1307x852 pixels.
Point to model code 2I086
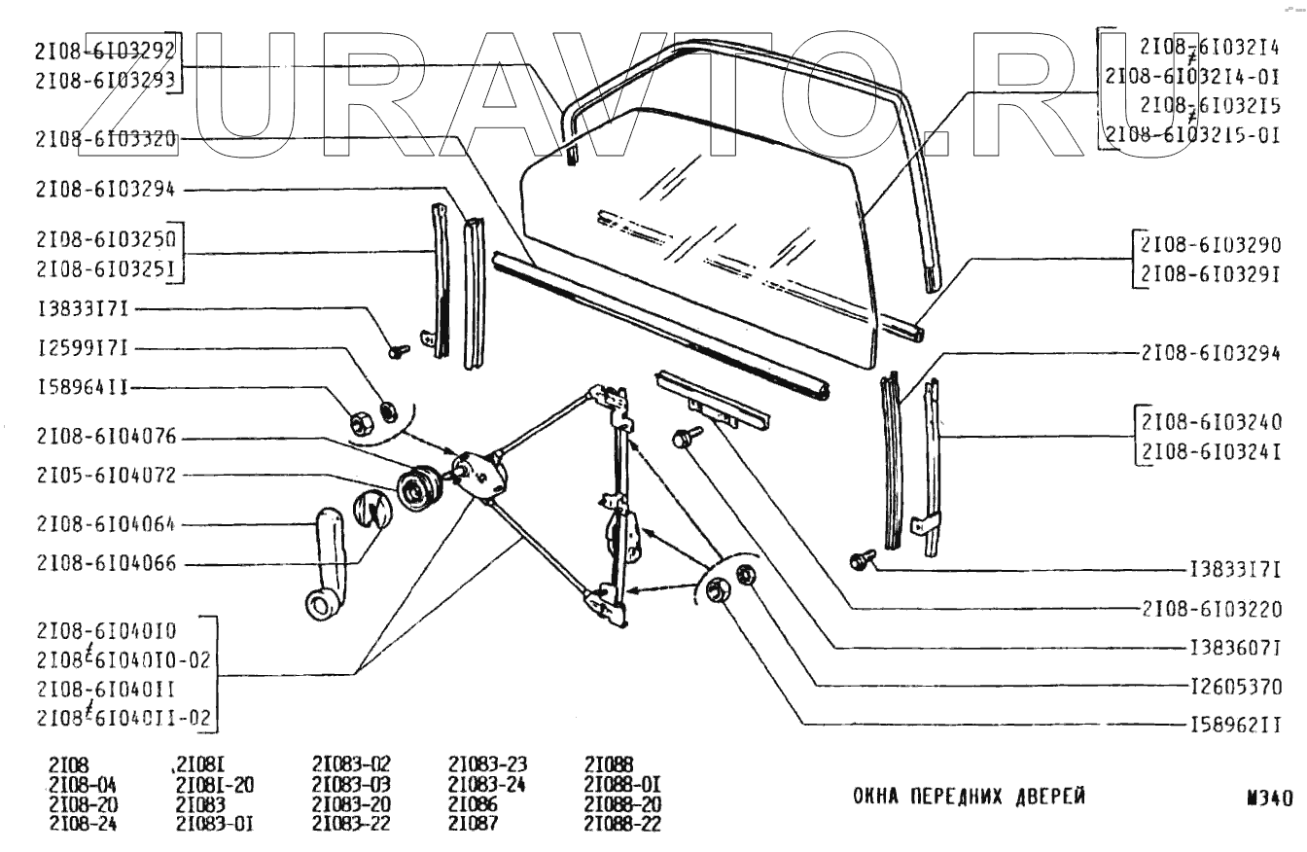coord(474,805)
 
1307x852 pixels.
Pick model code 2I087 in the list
coord(474,824)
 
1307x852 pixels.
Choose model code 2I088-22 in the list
coord(624,824)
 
